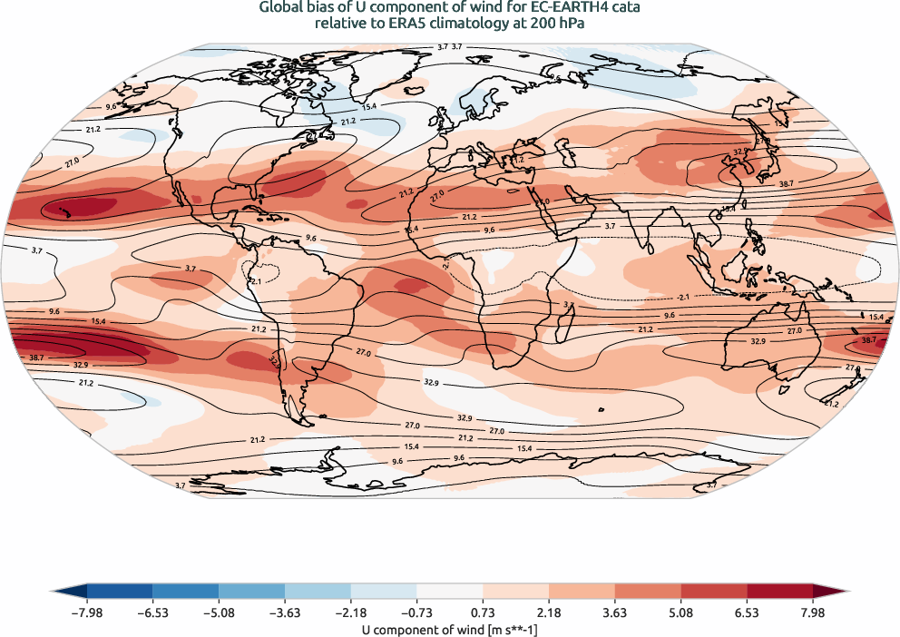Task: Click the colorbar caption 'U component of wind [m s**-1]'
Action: point(450,628)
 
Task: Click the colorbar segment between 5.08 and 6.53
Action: point(714,593)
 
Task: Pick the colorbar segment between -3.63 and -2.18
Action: point(318,593)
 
